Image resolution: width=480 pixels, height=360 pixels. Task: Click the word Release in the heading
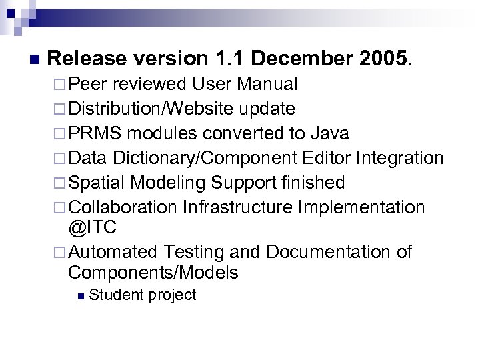(87, 59)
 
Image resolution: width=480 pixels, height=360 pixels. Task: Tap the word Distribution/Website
(151, 109)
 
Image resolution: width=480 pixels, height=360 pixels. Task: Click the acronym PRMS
(95, 133)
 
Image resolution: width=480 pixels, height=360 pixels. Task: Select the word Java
(330, 133)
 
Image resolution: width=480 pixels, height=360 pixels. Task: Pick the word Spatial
(97, 183)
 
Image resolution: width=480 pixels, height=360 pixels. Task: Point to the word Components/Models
(153, 273)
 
